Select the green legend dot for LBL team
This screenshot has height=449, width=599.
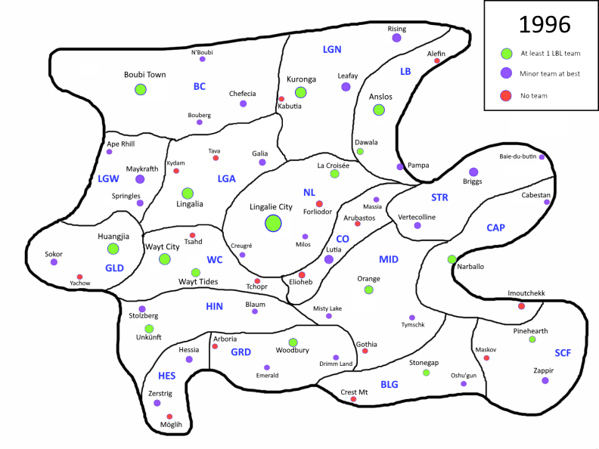[506, 54]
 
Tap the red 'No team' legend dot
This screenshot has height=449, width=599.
[506, 96]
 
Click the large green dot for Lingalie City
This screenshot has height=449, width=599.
[273, 223]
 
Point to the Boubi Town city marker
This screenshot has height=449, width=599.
[140, 89]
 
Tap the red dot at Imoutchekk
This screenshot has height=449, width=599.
[521, 305]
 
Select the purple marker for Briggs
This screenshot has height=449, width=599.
[473, 172]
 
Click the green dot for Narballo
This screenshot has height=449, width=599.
[452, 259]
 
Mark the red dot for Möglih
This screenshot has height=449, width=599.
[169, 416]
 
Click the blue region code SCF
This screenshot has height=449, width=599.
[563, 353]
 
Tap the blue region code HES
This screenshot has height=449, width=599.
[166, 376]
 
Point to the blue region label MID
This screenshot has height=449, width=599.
[388, 259]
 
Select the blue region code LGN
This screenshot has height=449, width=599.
[332, 49]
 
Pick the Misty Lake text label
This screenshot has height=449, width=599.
[327, 308]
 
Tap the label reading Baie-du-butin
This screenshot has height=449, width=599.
[517, 156]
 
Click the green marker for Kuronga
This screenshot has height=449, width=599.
[300, 92]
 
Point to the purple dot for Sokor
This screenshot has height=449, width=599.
[54, 262]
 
